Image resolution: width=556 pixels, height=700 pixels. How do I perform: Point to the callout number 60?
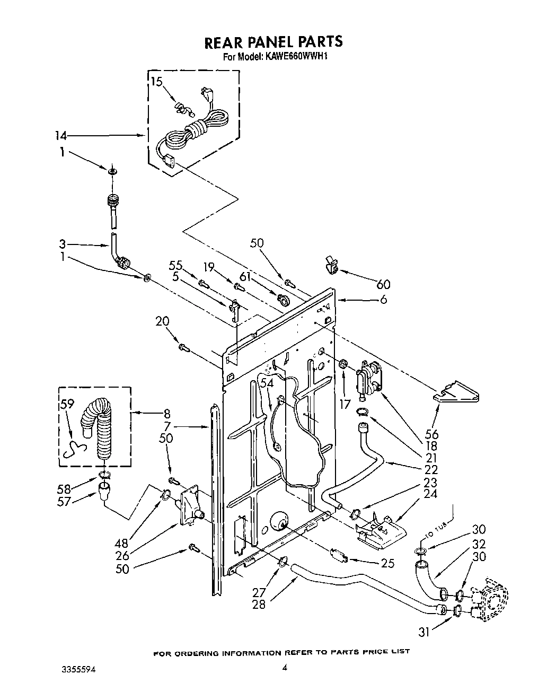coord(383,285)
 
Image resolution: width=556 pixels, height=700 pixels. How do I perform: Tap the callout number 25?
coord(388,563)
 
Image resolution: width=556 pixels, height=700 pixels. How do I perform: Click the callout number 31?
coord(424,631)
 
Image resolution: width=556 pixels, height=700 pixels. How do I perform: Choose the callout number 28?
coord(259,604)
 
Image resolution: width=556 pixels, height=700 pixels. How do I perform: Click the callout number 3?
coord(63,244)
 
